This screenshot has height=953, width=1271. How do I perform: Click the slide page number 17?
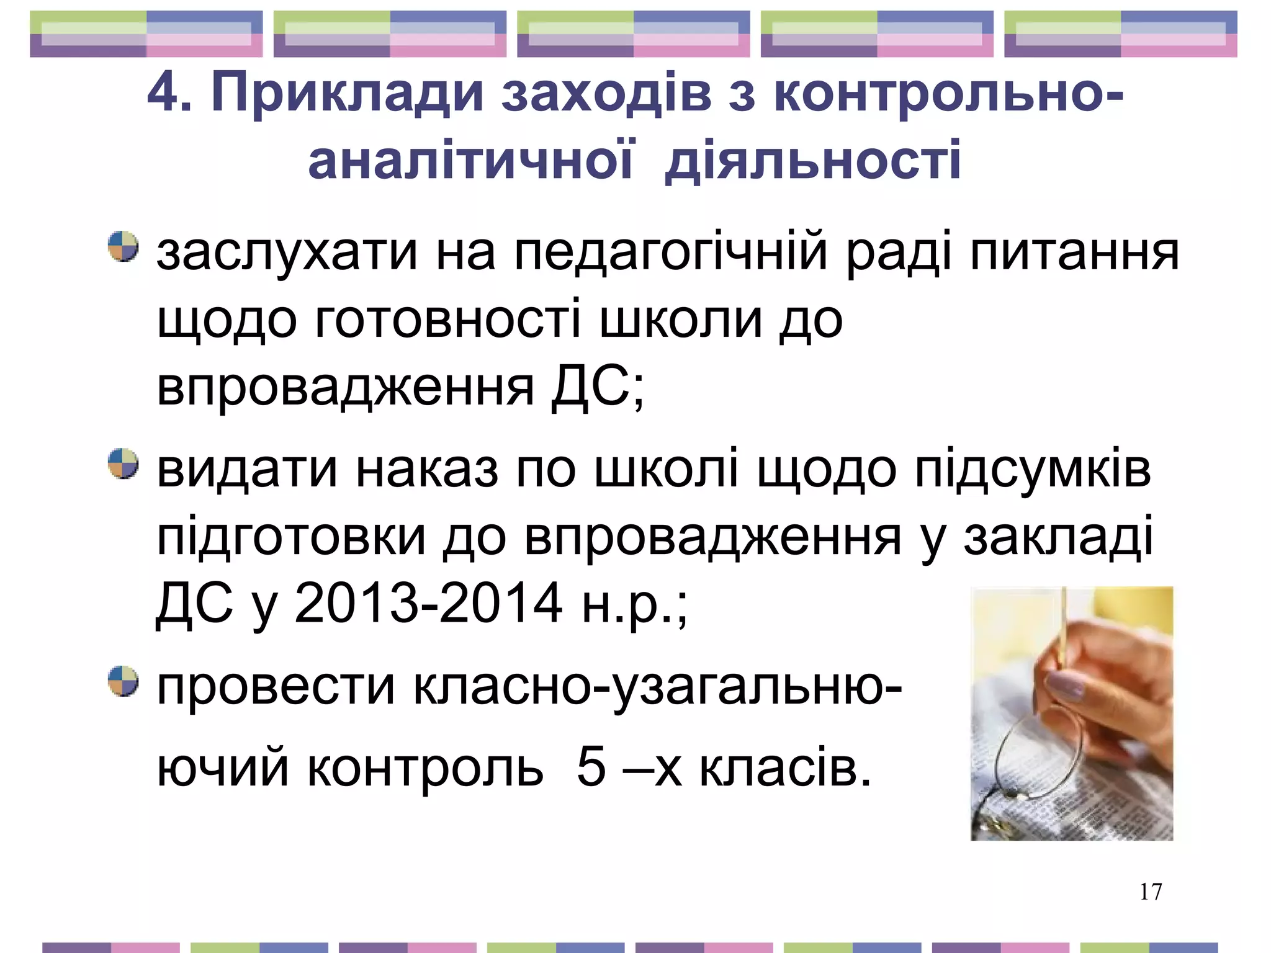pos(1151,892)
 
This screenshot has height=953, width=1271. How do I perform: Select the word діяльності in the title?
pos(812,160)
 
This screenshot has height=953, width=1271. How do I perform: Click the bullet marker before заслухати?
pos(123,247)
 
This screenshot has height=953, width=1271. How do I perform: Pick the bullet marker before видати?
pos(123,463)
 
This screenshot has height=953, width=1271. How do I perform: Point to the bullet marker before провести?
pos(123,681)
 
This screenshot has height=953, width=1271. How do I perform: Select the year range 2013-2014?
pos(428,603)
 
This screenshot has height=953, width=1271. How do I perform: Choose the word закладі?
pos(1058,537)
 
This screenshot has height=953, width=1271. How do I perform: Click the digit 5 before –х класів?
pos(590,766)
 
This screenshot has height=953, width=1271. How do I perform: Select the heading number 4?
pos(163,93)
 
